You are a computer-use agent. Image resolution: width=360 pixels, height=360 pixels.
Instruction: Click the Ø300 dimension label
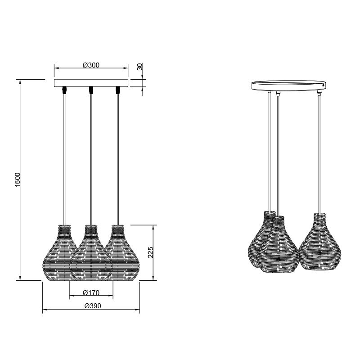pyautogui.click(x=91, y=65)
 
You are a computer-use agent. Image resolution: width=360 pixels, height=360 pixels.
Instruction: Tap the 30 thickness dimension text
pyautogui.click(x=139, y=67)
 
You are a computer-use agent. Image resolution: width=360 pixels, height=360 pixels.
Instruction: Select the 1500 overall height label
pyautogui.click(x=18, y=180)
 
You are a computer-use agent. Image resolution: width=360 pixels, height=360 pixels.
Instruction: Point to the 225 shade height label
pyautogui.click(x=150, y=252)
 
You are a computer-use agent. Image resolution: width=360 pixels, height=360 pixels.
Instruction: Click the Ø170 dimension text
pyautogui.click(x=91, y=293)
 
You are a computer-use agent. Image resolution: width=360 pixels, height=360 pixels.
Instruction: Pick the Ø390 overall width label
pyautogui.click(x=93, y=306)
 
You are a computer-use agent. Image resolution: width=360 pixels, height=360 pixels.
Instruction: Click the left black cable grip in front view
pyautogui.click(x=64, y=90)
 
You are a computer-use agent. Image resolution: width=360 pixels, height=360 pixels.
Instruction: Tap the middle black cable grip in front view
pyautogui.click(x=91, y=90)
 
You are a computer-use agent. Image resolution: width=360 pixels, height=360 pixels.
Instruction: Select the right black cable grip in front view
pyautogui.click(x=118, y=90)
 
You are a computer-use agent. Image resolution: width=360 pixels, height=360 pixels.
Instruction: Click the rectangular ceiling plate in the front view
pyautogui.click(x=91, y=83)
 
